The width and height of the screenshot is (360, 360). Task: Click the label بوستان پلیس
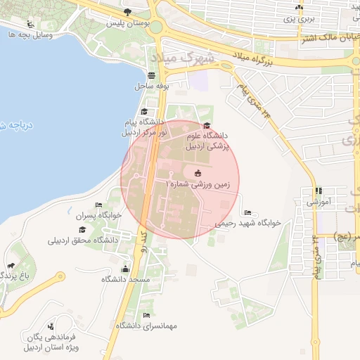[x=120, y=22]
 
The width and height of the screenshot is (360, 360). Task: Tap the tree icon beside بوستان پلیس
[x=127, y=12]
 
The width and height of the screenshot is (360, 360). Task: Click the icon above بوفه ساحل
[x=153, y=75]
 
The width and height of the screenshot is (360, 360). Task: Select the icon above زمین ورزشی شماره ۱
[x=197, y=173]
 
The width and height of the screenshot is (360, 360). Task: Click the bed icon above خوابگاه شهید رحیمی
[x=247, y=212]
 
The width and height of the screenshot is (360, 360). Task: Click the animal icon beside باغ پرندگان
[x=11, y=266]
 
